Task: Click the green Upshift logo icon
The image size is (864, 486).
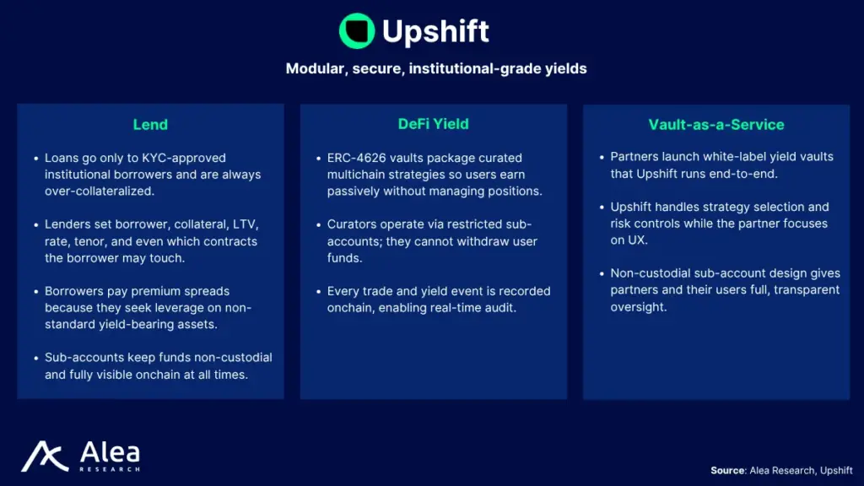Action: [x=357, y=31]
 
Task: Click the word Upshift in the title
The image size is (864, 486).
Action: [x=435, y=31]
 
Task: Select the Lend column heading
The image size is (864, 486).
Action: [x=150, y=125]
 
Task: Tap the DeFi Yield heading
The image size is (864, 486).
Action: [x=433, y=124]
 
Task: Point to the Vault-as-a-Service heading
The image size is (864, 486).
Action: [x=716, y=125]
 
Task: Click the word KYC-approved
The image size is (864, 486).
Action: [x=184, y=158]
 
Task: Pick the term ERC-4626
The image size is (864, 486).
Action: [x=357, y=158]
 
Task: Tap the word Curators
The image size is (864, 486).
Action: [x=352, y=224]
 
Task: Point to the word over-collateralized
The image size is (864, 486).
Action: [x=100, y=192]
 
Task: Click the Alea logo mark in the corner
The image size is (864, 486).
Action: [x=45, y=456]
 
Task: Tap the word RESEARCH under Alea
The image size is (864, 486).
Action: [x=110, y=469]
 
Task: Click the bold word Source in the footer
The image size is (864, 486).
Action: [x=728, y=471]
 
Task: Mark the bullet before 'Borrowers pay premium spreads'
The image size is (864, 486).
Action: [x=36, y=291]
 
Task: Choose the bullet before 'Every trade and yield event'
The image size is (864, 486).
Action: [x=318, y=291]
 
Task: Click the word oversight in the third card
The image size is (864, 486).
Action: [x=638, y=307]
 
